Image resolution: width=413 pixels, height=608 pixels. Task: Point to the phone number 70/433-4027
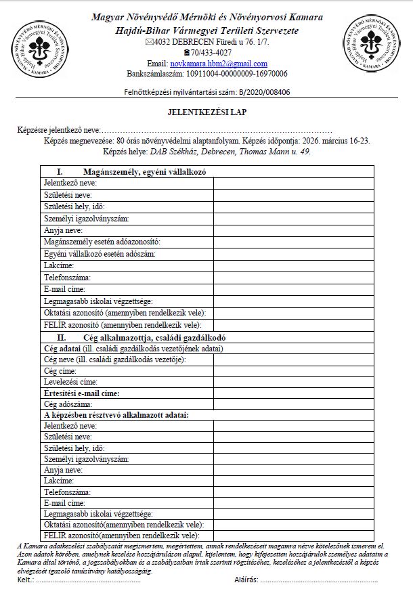[x=211, y=53]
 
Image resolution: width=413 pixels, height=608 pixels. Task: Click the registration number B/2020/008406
[x=265, y=92]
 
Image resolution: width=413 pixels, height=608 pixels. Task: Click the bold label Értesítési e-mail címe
[x=81, y=393]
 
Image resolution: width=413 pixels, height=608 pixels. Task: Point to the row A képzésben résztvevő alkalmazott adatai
[x=116, y=414]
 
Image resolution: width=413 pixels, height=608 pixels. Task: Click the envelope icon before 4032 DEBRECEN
[x=150, y=42]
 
